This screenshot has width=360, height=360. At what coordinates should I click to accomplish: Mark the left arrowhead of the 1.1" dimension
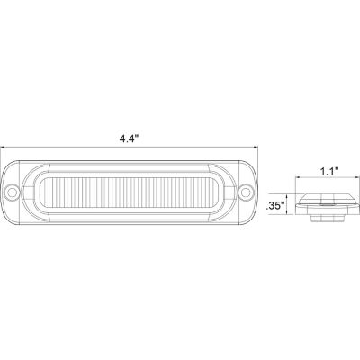tap(300, 180)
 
